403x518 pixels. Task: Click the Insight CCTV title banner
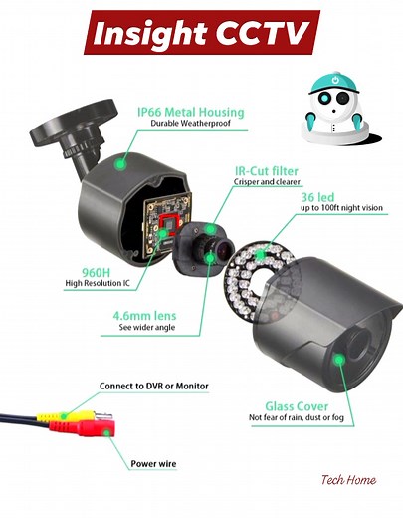[x=202, y=33]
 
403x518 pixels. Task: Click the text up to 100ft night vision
[x=336, y=210]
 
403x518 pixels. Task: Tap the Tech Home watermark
[x=348, y=480]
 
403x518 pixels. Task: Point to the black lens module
[x=204, y=248]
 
